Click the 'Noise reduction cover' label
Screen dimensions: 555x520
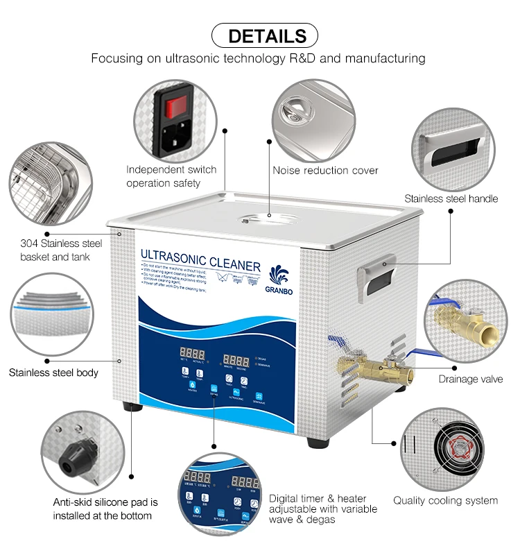[325, 171]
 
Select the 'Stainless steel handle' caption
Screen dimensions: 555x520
[451, 199]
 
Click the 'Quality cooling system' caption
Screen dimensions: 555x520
[445, 500]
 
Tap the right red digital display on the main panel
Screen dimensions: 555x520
[236, 361]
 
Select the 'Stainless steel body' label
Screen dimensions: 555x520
[53, 373]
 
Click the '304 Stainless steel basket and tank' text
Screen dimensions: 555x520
[60, 250]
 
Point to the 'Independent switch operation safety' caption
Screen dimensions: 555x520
[171, 176]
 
